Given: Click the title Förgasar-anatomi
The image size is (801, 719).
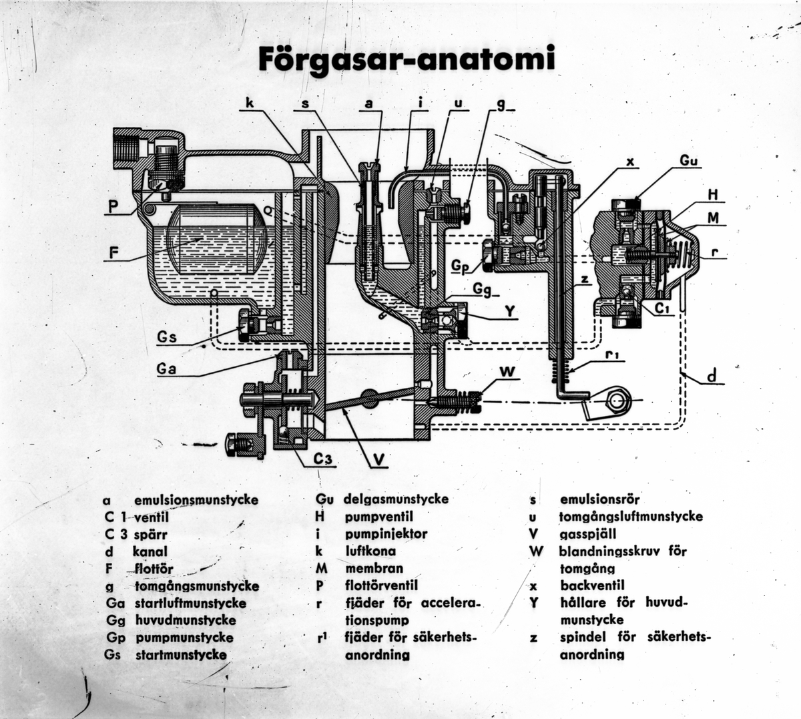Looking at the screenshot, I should click(x=406, y=59).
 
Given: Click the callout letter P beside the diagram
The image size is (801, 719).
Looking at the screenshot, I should click(x=115, y=207).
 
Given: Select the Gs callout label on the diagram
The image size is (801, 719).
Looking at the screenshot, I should click(x=167, y=337).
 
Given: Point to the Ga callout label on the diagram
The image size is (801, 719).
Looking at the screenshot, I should click(x=168, y=368).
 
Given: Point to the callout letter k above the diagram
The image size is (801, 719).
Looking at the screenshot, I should click(x=249, y=103).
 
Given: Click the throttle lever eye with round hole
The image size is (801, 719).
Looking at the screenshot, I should click(x=617, y=400).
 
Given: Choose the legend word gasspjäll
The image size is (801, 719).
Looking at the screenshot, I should click(x=587, y=534).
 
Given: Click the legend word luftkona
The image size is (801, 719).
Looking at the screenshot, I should click(x=370, y=551).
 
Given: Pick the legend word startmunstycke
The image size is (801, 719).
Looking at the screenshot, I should click(x=180, y=655).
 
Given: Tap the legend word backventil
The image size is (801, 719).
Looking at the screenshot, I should click(x=592, y=585).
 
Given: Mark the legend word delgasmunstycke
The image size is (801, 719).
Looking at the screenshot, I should click(x=395, y=499).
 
